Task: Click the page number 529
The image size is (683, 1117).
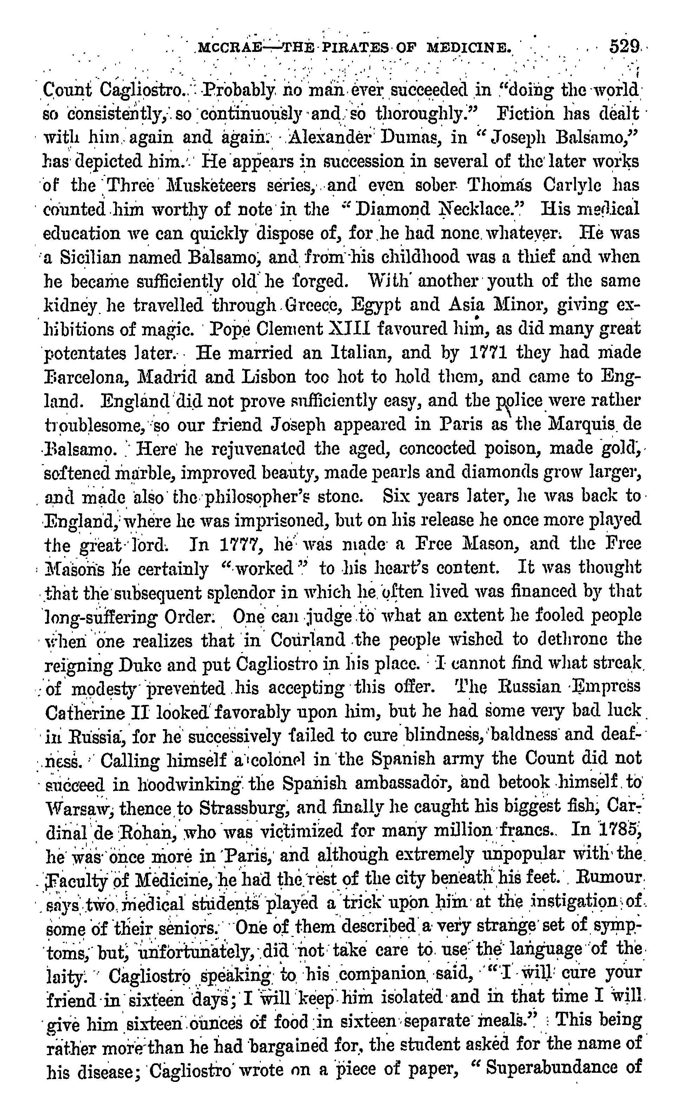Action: click(624, 46)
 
